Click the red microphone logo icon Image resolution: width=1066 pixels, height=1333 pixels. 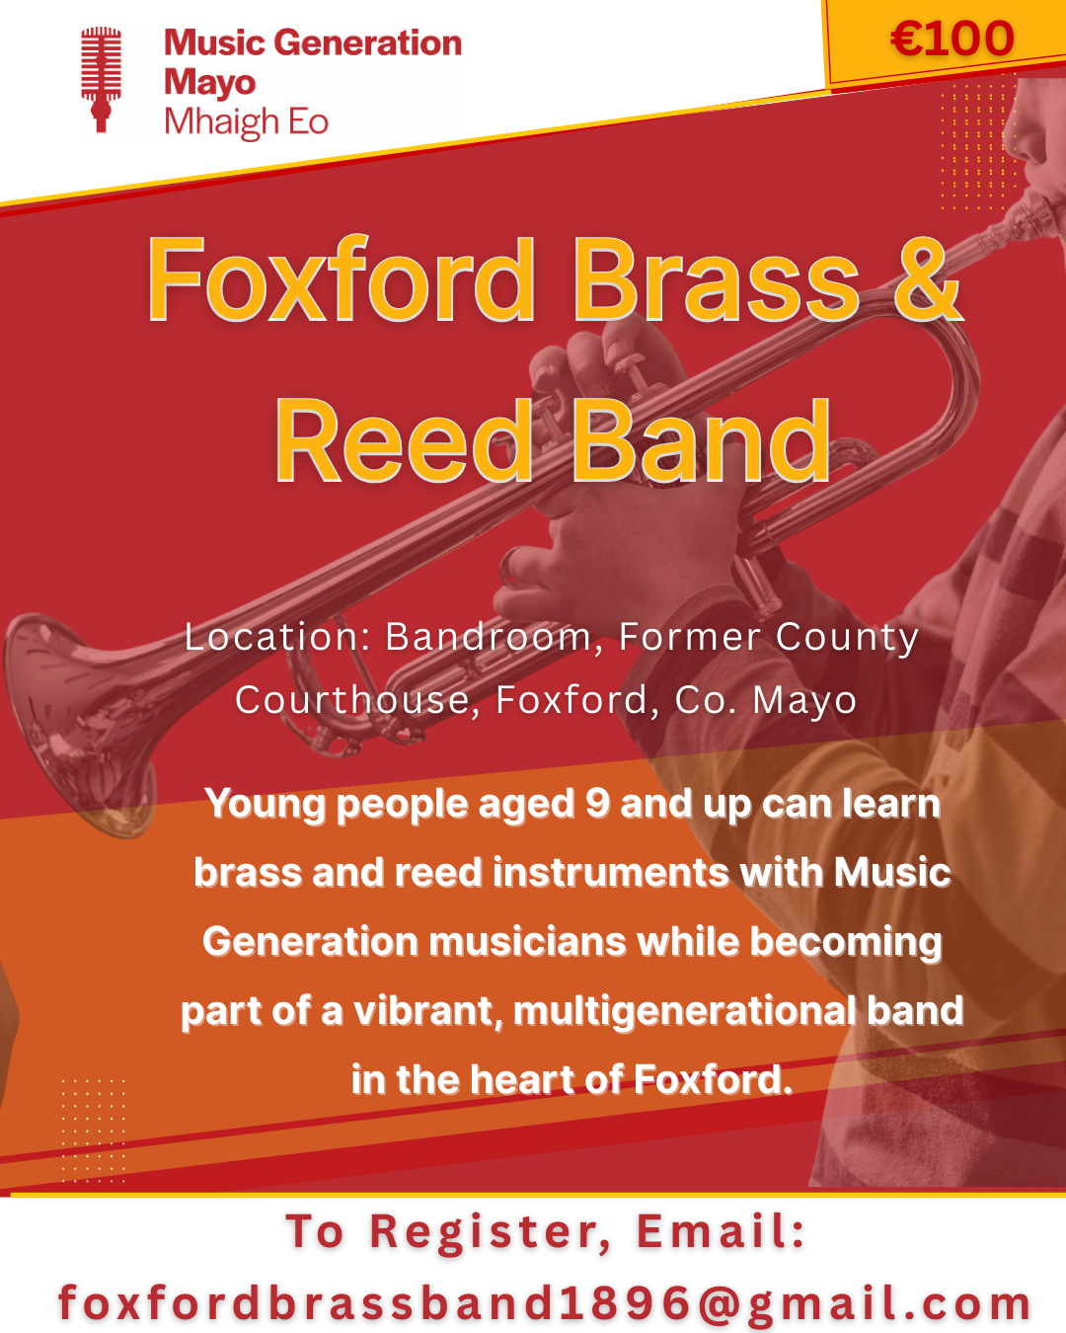[x=101, y=79]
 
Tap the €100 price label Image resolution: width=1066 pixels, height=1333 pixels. [x=952, y=39]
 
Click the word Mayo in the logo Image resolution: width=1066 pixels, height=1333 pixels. [x=209, y=83]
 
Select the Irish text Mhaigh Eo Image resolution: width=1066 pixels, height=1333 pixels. [x=246, y=122]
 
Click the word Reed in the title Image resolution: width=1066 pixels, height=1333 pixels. [x=403, y=440]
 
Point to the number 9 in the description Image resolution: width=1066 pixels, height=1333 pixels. [x=598, y=804]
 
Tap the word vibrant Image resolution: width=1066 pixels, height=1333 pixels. [x=428, y=1011]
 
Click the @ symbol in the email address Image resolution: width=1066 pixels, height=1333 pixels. [x=720, y=1303]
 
